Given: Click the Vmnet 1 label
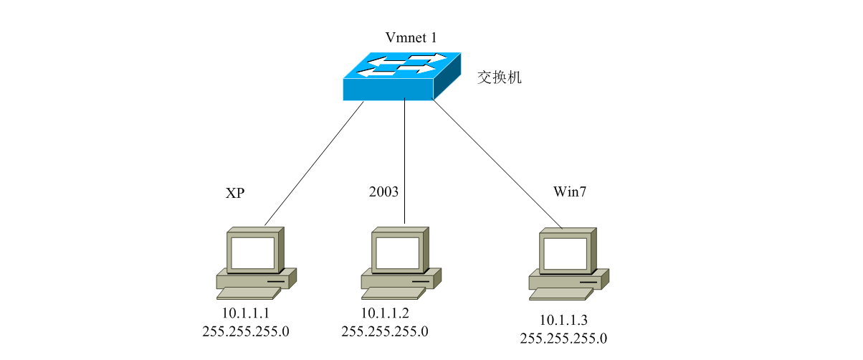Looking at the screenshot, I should pos(411,37).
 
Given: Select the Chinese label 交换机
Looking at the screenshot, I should pos(500,77).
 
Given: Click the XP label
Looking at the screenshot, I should pos(235,193).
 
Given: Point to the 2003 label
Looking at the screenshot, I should pos(383,191).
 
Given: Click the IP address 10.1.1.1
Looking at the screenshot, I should pos(247,313).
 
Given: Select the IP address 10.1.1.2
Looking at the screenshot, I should pos(385,313).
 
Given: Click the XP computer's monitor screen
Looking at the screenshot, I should pos(252,252).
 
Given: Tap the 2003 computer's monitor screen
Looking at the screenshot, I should pos(397,252).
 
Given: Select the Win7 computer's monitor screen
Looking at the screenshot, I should pos(565,252).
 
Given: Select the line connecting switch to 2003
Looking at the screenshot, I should pos(405,161).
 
